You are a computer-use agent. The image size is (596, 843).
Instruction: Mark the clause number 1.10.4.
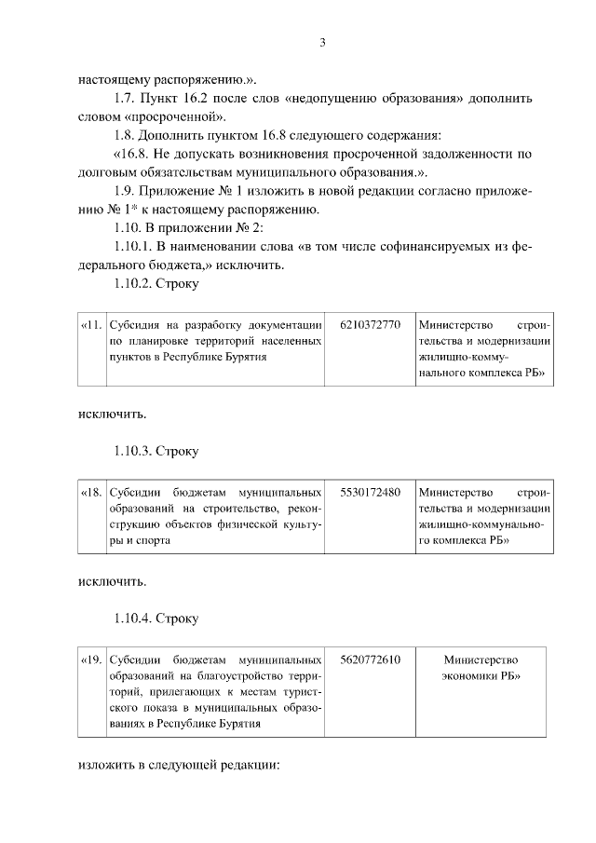pyautogui.click(x=133, y=618)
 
